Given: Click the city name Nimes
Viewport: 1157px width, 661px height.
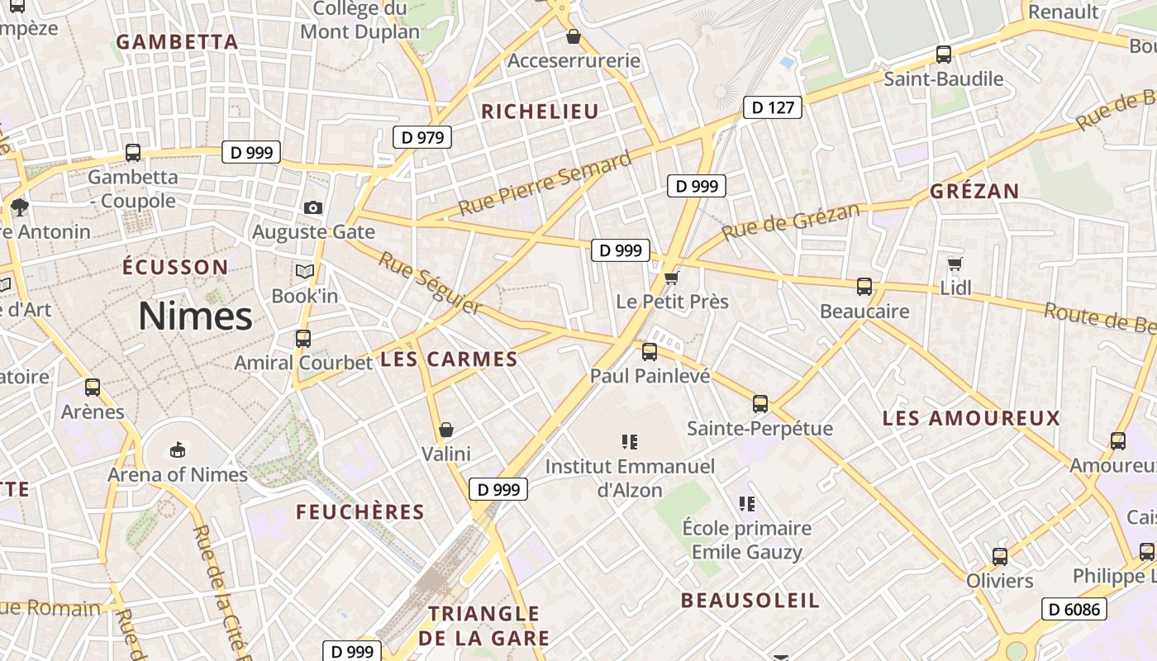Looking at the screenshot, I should pos(195,316).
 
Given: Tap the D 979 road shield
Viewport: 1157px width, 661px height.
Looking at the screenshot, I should pos(422,137).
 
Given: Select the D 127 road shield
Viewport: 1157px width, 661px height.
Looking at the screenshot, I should pos(773,107).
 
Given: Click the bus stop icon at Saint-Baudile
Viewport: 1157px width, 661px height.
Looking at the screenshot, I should pos(943,55).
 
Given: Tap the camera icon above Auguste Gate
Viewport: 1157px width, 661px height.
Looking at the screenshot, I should pos(313,207).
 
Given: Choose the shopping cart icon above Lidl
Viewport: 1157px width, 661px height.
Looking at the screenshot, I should pos(955,264).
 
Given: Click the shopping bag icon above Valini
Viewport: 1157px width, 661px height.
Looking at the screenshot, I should pos(446,430).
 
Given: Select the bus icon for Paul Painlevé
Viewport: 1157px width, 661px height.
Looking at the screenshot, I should pos(650,352).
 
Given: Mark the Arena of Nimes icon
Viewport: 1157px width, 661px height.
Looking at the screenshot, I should pos(177,449).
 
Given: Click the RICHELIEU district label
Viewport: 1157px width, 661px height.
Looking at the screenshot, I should pos(540,112).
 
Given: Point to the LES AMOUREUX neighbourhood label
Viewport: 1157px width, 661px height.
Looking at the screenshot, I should pos(971,418).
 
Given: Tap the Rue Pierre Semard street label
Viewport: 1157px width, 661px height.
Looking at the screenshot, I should pos(545,183).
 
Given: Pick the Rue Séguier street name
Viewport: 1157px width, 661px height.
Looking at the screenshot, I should pos(430,283).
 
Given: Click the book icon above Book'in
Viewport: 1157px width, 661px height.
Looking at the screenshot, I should pos(305,271).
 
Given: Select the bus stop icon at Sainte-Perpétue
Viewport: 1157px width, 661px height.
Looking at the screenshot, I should pos(760,404).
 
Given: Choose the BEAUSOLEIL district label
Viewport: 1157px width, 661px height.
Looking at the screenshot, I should pos(750,601).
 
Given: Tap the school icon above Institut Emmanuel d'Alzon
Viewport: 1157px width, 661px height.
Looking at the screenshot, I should pos(630,442).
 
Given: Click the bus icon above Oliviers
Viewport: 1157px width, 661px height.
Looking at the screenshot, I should pos(1000,556).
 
